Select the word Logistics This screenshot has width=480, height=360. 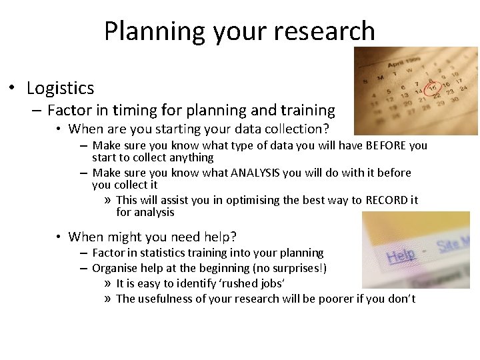tap(60, 88)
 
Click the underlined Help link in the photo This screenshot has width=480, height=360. tap(401, 255)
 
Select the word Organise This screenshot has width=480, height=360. tap(115, 268)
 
